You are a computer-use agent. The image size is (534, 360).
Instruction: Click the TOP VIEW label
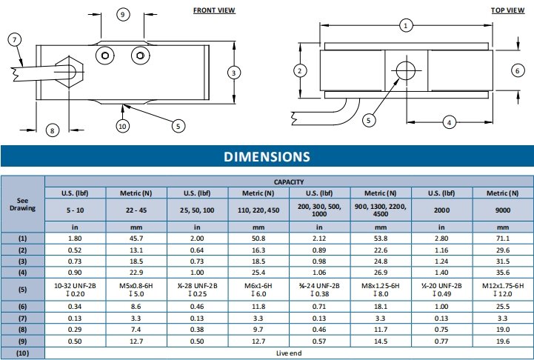pos(507,10)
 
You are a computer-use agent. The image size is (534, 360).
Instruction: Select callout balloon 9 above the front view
pos(123,15)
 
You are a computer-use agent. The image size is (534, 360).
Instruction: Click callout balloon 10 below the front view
pos(123,126)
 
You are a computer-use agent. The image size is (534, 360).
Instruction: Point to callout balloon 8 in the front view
pos(52,130)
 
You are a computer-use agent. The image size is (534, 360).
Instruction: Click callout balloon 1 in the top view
pos(405,25)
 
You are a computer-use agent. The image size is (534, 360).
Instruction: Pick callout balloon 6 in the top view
pos(518,70)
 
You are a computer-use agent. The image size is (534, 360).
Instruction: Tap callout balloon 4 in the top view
pos(448,121)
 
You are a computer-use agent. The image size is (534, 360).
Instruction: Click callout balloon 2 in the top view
pos(300,71)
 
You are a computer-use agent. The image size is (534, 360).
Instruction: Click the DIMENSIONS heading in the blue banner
pos(267,156)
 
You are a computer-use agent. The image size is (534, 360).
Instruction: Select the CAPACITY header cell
pos(289,181)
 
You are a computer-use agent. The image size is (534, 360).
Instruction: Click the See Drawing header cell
pos(22,204)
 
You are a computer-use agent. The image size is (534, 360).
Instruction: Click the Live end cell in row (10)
pos(288,353)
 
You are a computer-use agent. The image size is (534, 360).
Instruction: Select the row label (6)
pos(22,305)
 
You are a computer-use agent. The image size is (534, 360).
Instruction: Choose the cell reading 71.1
pos(502,238)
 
